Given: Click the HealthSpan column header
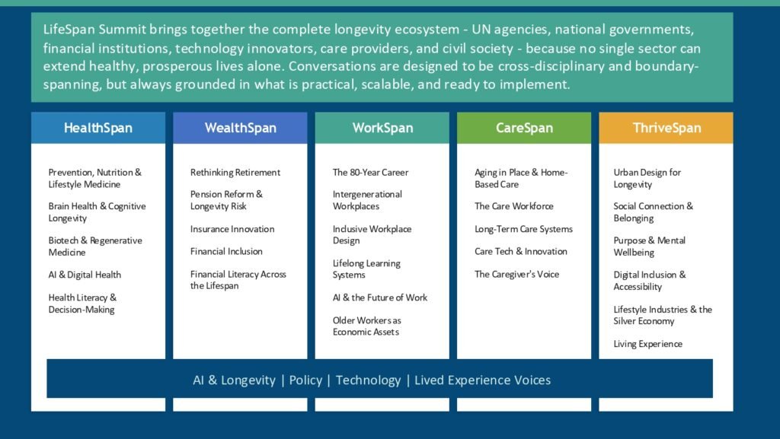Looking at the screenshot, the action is point(98,128).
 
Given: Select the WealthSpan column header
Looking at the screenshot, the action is point(240,128).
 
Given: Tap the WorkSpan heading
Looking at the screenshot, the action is point(382,128).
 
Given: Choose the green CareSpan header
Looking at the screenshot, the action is point(524,128).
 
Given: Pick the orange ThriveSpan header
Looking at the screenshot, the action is point(666,128).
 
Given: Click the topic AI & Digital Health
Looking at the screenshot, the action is point(85,275).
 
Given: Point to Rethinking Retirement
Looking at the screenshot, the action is point(235,172).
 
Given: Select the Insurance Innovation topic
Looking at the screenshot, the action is point(232,229).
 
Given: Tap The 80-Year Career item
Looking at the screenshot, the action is point(371,172).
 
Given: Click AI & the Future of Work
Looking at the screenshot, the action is point(380,297).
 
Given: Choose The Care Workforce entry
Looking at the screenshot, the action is point(514,206).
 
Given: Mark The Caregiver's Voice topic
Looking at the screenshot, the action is point(517,274).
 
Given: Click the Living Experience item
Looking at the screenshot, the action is point(647,344).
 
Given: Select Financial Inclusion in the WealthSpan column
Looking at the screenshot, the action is point(226,251).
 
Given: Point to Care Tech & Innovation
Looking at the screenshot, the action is point(521,251).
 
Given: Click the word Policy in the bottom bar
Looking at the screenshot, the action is point(305,380).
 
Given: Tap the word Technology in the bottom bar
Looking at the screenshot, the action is point(368,380).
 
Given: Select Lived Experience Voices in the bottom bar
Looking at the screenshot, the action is point(482,380).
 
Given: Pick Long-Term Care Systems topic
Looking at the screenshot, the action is point(523,229).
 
